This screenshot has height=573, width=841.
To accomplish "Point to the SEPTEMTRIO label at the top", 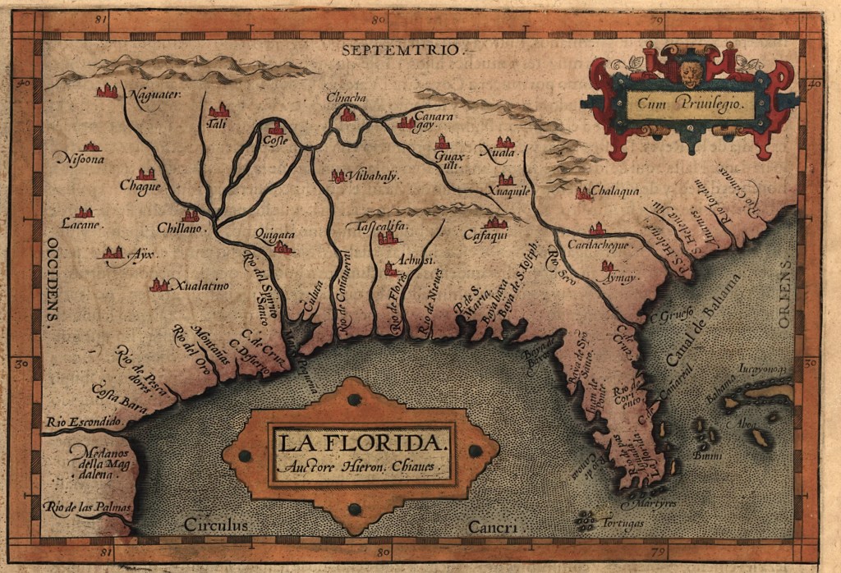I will coord(398,49).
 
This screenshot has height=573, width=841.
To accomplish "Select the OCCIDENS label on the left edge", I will coord(51,283).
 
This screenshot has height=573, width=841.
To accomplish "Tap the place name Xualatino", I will coord(200,286).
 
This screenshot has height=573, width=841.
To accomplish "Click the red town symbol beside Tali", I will coord(218,110).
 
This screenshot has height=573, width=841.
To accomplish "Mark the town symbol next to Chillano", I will coord(191,215).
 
